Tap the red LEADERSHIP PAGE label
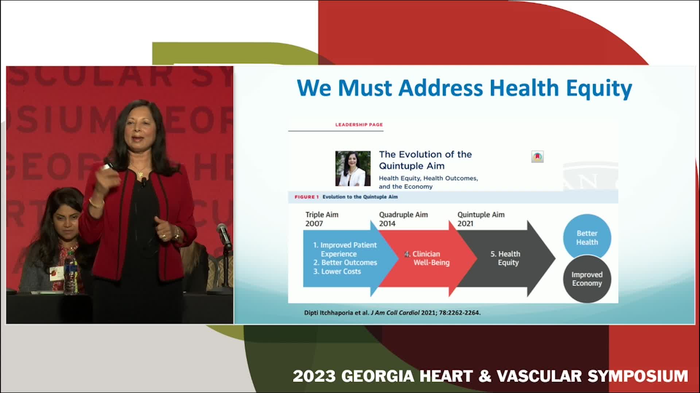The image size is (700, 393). (x=359, y=124)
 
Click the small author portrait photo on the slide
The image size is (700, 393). (x=353, y=168)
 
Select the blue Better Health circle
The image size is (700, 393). (x=587, y=238)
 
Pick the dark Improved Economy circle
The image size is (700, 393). (x=587, y=279)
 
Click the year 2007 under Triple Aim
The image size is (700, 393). (x=314, y=223)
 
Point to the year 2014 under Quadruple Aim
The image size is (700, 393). (x=387, y=223)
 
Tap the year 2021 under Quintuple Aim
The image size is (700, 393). (x=465, y=223)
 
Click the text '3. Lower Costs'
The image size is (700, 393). (x=337, y=271)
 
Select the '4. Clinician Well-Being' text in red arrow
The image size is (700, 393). (x=427, y=258)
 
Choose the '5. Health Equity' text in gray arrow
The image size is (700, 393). (x=505, y=258)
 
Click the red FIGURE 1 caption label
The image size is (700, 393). (x=307, y=197)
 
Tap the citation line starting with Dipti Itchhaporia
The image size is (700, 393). (x=392, y=313)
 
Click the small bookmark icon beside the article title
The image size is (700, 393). (x=537, y=157)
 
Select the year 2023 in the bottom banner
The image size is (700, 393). (x=314, y=376)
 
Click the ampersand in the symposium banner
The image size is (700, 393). (x=485, y=376)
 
